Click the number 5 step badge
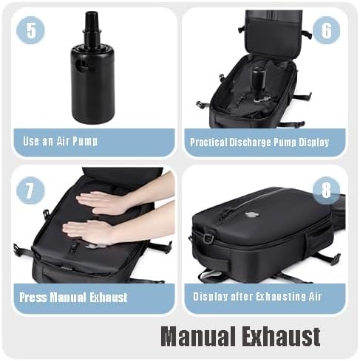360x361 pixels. (30, 30)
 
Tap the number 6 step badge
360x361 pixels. (327, 30)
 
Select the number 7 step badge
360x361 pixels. (30, 190)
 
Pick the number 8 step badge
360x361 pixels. (327, 190)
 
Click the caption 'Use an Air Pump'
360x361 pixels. (60, 141)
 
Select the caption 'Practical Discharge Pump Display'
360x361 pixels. (259, 142)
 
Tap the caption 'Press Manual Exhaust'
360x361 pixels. (74, 298)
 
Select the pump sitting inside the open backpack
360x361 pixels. (257, 78)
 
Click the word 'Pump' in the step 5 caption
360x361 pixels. (86, 141)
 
